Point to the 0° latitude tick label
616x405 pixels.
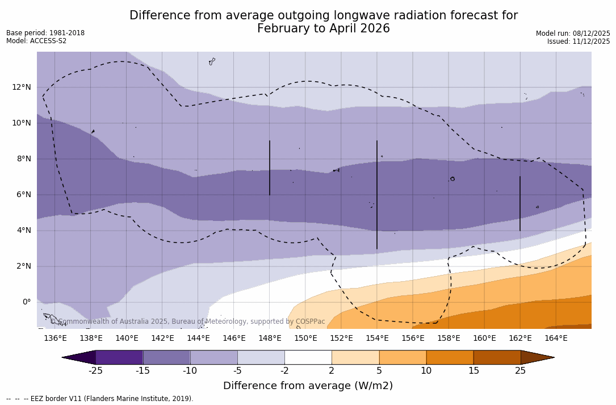coord(26,302)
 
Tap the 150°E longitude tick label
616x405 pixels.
coord(305,339)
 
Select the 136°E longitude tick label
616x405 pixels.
coord(55,339)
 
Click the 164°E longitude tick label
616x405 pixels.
coord(556,339)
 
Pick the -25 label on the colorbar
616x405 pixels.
coord(95,371)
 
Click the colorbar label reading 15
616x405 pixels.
coord(473,371)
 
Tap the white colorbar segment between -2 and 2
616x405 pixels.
coord(308,357)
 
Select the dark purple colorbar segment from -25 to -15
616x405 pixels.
coord(119,357)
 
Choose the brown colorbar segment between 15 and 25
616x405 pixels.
coord(497,357)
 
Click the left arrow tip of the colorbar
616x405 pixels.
coord(64,357)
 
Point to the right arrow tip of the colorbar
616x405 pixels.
coord(552,357)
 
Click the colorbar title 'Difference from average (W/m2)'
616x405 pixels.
coord(308,386)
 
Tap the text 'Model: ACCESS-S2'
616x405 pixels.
coord(36,41)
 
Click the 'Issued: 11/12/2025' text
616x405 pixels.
coord(579,41)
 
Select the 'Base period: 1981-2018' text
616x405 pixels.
coord(45,33)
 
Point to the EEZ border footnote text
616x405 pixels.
coord(100,399)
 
